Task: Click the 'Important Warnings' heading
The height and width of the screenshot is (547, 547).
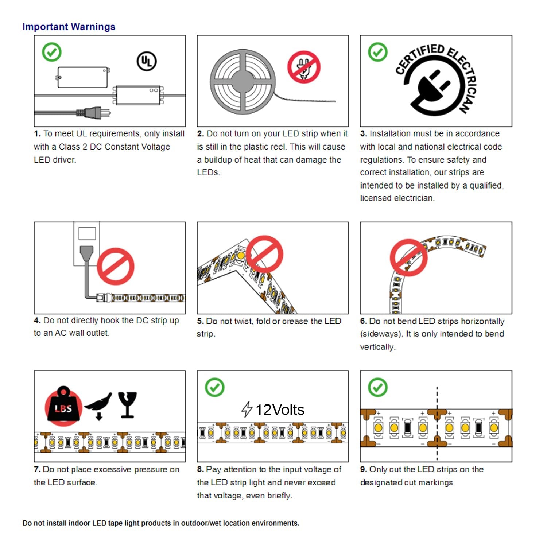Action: (69, 27)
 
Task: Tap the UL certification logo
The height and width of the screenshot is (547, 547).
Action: (147, 61)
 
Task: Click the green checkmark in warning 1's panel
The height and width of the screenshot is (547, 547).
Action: (52, 52)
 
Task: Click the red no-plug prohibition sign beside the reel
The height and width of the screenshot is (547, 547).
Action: (304, 67)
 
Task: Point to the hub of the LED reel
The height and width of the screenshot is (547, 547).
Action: (241, 80)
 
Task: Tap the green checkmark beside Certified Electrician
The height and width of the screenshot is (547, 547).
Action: (378, 52)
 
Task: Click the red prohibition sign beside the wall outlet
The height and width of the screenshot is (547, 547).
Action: (116, 266)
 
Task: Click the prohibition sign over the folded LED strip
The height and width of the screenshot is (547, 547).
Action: (264, 254)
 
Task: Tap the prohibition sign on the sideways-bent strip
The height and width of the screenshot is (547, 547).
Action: (409, 257)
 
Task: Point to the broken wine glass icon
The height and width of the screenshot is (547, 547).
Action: (127, 405)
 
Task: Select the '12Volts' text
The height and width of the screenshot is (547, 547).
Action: (280, 410)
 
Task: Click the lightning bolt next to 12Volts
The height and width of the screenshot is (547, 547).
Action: (247, 409)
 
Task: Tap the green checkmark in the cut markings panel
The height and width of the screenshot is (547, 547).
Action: (378, 387)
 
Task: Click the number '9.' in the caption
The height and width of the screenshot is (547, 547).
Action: (364, 469)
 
